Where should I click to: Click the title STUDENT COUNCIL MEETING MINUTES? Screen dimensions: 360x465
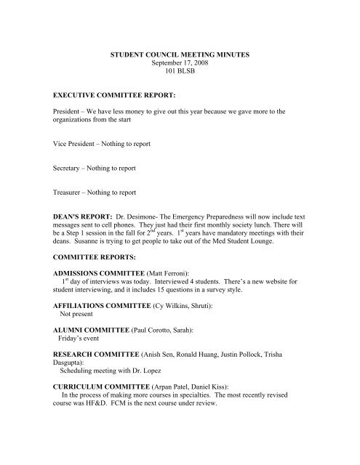[x=179, y=54]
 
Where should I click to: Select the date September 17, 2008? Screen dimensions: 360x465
[x=179, y=64]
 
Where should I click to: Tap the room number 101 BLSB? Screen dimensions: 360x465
[x=179, y=73]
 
